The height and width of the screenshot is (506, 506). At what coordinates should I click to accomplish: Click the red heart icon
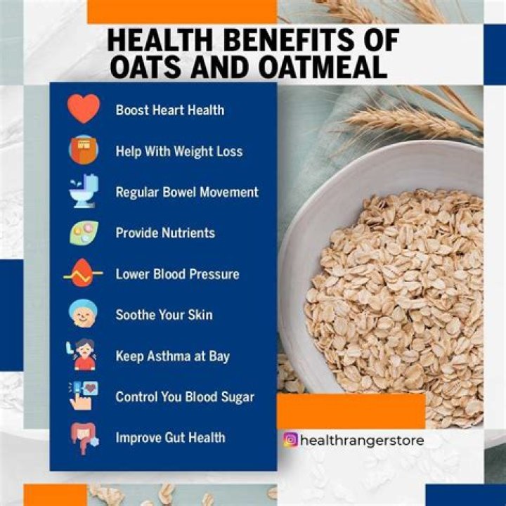[x=84, y=110]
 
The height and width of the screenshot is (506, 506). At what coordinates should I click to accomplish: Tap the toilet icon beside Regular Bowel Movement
[x=84, y=191]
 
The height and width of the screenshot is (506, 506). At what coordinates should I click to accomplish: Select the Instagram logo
[x=290, y=441]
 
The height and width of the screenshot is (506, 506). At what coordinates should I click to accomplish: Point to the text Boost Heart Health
[x=170, y=110]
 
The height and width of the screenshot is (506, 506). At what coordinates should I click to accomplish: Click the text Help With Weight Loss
[x=179, y=151]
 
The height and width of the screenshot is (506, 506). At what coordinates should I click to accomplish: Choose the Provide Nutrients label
[x=165, y=233]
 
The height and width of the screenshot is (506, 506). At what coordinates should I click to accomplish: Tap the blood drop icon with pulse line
[x=84, y=273]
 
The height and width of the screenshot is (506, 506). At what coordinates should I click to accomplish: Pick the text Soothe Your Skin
[x=164, y=315]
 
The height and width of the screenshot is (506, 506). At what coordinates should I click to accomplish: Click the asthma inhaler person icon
[x=84, y=356]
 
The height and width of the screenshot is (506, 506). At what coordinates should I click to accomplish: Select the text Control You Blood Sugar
[x=185, y=396]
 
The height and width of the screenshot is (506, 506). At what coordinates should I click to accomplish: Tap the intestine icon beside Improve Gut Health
[x=84, y=437]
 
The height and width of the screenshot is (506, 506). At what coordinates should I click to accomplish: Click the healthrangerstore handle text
[x=362, y=441]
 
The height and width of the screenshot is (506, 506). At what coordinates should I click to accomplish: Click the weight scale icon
[x=84, y=150]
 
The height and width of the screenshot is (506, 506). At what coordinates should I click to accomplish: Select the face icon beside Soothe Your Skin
[x=84, y=314]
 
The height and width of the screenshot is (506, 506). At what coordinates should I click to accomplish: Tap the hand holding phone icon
[x=84, y=396]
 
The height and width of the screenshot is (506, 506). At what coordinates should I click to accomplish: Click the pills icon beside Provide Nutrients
[x=84, y=233]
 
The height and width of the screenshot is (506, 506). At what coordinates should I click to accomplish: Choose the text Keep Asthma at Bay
[x=172, y=356]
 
